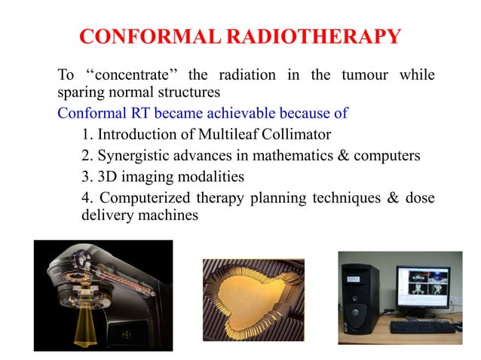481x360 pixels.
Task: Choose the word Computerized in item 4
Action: (144, 198)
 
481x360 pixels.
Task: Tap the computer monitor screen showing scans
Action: (423, 285)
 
